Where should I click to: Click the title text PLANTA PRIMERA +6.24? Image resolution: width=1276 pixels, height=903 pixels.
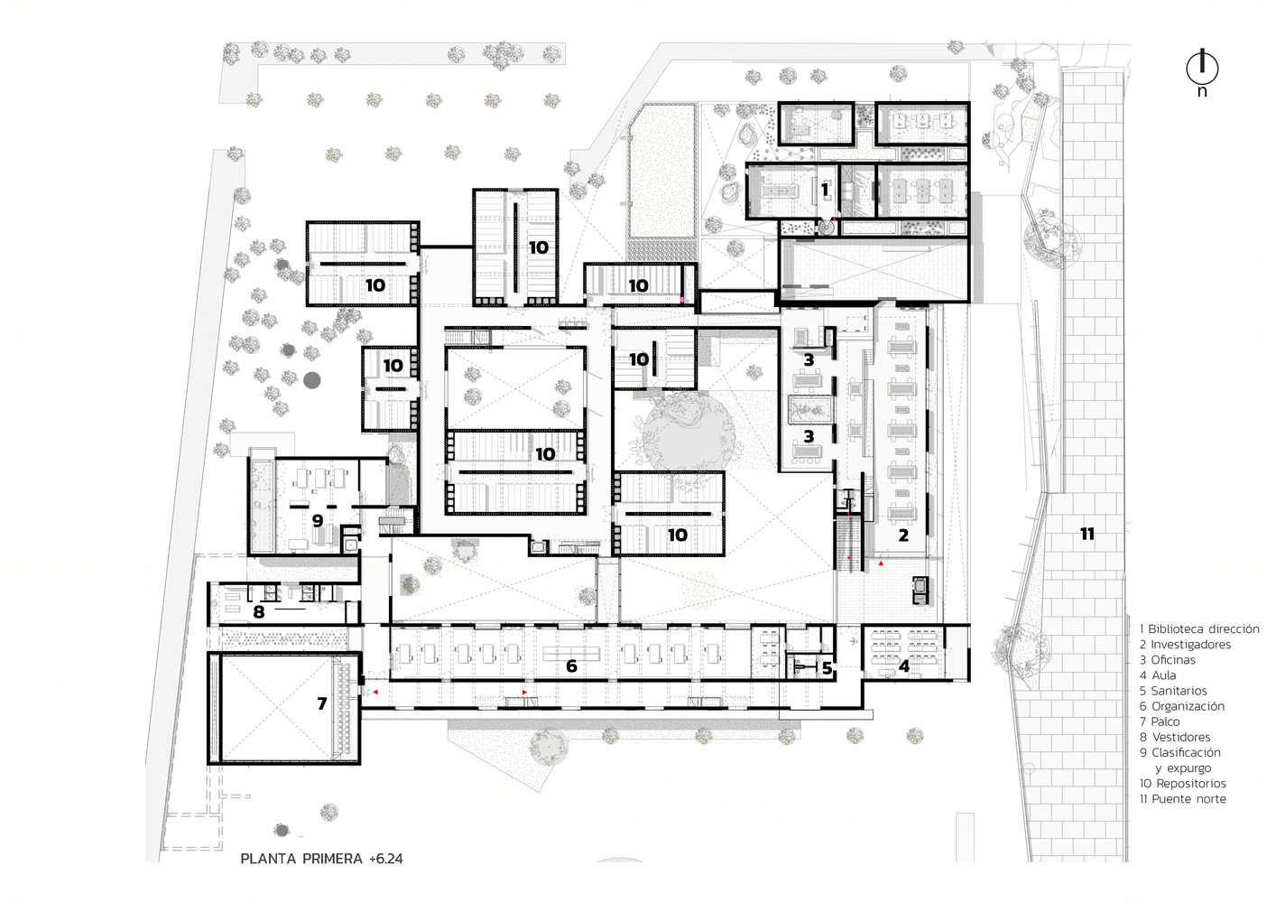[x=321, y=859]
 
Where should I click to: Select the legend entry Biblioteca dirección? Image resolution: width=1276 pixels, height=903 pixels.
[x=1199, y=628]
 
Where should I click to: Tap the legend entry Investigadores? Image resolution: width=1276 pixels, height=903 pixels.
[x=1185, y=644]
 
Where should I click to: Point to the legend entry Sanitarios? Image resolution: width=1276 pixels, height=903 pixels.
[x=1173, y=691]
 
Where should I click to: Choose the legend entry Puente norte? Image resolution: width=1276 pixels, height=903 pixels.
[x=1182, y=798]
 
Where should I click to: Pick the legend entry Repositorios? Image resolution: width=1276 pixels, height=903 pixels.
[x=1182, y=783]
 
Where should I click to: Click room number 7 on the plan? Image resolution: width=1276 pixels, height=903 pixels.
[x=322, y=704]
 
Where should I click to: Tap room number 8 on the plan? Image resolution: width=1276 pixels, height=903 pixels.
[x=259, y=612]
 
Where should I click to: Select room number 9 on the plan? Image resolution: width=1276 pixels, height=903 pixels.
[x=318, y=520]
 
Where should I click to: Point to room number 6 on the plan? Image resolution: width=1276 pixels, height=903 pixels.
[x=571, y=666]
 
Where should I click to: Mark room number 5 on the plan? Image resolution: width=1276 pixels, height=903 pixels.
[x=828, y=668]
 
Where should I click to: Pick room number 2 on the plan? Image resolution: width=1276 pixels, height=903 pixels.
[x=903, y=535]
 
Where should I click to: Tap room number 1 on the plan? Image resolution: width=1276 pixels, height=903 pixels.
[x=825, y=190]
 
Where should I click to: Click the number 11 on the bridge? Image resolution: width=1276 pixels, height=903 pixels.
[x=1087, y=534]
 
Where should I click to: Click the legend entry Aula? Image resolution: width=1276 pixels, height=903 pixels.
[x=1158, y=675]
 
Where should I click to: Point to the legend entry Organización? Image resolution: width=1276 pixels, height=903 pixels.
[x=1182, y=706]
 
